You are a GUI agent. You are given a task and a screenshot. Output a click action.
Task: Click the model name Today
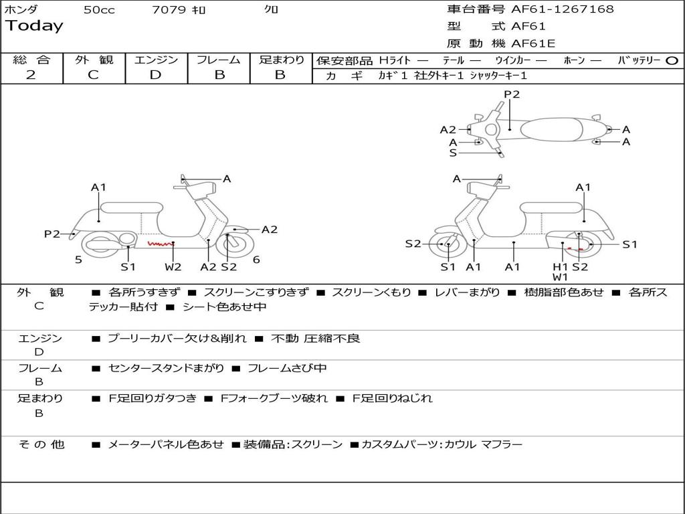pyautogui.click(x=34, y=26)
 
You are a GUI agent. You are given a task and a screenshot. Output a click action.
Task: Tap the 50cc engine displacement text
pyautogui.click(x=99, y=10)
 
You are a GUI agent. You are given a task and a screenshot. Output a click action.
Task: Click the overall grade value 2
pyautogui.click(x=31, y=75)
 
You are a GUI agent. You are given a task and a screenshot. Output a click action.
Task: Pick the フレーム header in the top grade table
pyautogui.click(x=219, y=60)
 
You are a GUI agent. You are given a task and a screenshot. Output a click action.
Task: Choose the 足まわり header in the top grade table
pyautogui.click(x=281, y=60)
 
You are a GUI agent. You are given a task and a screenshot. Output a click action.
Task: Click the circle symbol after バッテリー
pyautogui.click(x=672, y=60)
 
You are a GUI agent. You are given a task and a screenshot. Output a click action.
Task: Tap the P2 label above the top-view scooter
pyautogui.click(x=512, y=94)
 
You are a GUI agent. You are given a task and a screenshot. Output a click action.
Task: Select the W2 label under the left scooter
pyautogui.click(x=173, y=267)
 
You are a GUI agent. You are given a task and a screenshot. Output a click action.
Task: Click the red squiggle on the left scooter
pyautogui.click(x=159, y=244)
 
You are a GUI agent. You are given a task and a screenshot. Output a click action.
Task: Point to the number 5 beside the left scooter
pyautogui.click(x=78, y=260)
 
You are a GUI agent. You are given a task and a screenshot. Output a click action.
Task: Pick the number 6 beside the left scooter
pyautogui.click(x=256, y=260)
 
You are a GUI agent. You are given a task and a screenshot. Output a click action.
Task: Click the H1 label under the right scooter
pyautogui.click(x=560, y=267)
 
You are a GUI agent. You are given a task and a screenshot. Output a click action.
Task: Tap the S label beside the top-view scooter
pyautogui.click(x=453, y=153)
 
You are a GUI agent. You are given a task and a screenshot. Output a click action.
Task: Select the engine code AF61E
pyautogui.click(x=533, y=44)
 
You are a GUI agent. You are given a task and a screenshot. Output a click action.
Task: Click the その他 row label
pyautogui.click(x=41, y=444)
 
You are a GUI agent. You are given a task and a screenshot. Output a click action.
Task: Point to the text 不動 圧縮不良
pyautogui.click(x=316, y=339)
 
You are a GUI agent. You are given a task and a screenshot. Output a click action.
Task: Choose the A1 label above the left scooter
pyautogui.click(x=99, y=187)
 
